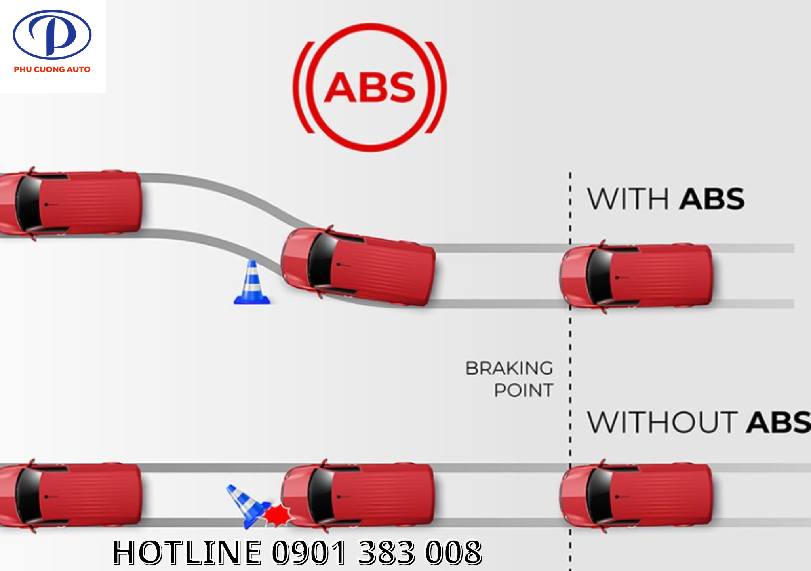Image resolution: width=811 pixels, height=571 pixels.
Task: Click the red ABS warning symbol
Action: point(370,87)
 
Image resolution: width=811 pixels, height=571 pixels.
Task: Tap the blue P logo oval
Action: point(52,35)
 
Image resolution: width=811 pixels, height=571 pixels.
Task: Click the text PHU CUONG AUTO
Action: point(52,69)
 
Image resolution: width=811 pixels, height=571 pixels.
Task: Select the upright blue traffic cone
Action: point(252,284)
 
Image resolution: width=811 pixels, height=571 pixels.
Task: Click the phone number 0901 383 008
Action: point(377,552)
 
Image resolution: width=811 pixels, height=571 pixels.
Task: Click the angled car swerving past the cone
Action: point(358,266)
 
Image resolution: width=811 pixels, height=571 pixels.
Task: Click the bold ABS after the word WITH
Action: point(712,199)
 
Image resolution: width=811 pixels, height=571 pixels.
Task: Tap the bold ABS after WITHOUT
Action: point(778,423)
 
